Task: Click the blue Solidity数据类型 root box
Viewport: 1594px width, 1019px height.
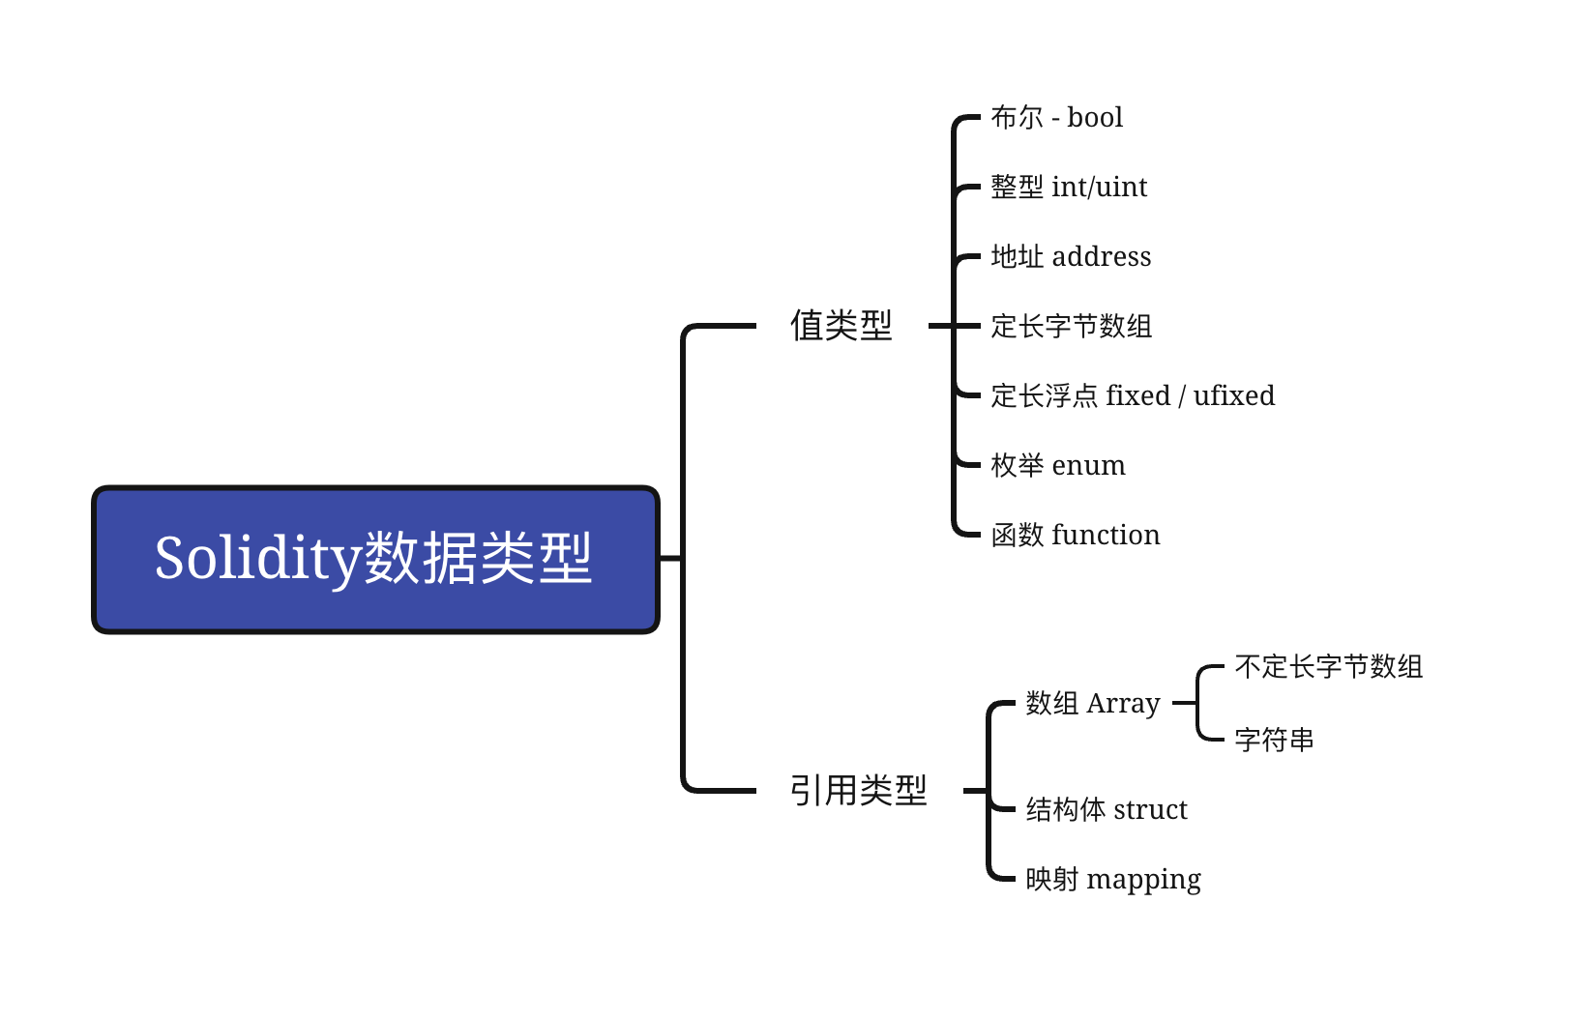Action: pos(375,560)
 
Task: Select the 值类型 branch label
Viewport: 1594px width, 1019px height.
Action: pos(841,326)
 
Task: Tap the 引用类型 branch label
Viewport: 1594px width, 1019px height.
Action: pos(858,791)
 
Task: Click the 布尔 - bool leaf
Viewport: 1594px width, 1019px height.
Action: pos(1056,118)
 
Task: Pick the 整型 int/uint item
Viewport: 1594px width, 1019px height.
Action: pos(1069,188)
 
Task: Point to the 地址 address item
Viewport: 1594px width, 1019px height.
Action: pos(1071,257)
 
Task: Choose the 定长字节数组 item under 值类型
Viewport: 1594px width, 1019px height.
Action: pos(1071,327)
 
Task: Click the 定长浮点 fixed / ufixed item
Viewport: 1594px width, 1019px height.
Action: pos(1133,396)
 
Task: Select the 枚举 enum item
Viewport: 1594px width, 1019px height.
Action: pos(1058,466)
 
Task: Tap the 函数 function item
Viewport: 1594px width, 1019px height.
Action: pos(1076,536)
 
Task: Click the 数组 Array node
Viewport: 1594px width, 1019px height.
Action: pos(1092,704)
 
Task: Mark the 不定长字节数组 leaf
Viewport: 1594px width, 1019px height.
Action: pos(1328,667)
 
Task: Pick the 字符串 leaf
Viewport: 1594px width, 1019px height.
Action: pos(1274,741)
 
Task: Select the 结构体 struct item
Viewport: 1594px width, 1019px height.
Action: pos(1106,810)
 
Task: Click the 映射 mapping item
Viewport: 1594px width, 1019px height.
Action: pos(1112,880)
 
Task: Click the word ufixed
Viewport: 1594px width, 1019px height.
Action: pos(1233,396)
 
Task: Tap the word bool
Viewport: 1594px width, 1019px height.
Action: pos(1095,118)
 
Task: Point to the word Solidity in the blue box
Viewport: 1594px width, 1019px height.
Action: pos(257,560)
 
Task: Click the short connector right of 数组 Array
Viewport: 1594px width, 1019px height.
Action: pos(1184,704)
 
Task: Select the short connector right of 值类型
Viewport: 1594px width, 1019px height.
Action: pos(940,326)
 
